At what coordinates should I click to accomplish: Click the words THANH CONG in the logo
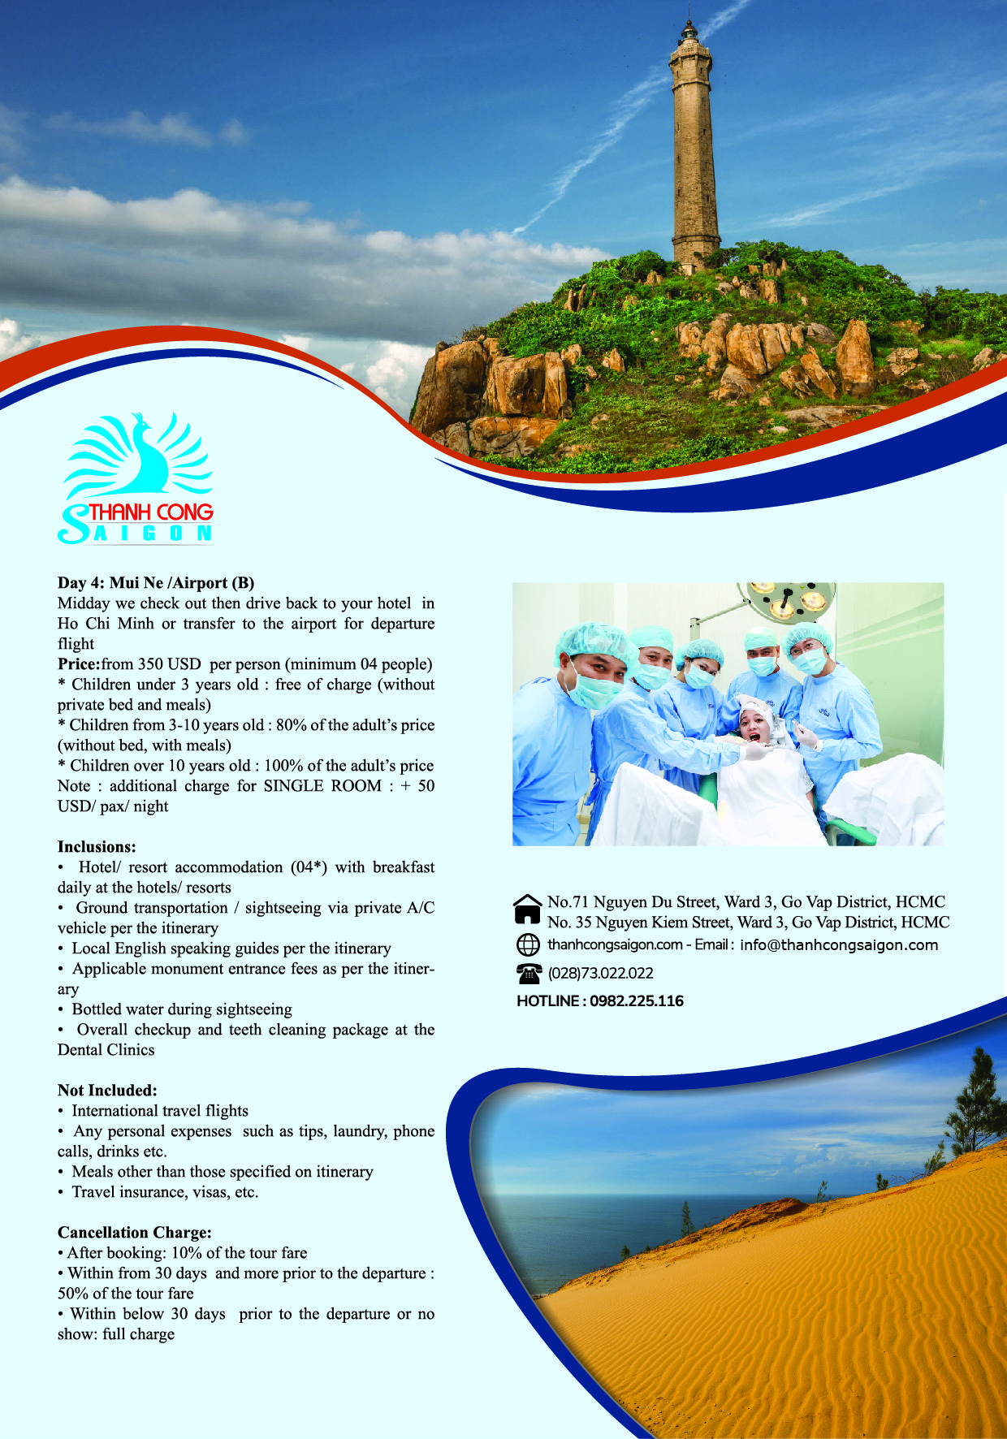tap(151, 512)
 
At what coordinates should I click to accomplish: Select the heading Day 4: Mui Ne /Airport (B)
tap(156, 582)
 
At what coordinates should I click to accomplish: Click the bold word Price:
tap(79, 663)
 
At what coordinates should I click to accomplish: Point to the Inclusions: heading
tap(97, 846)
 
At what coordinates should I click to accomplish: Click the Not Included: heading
tap(107, 1090)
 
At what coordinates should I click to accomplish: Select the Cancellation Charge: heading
tap(135, 1232)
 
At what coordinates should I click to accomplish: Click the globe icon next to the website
tap(528, 944)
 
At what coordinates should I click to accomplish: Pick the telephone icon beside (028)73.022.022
tap(529, 973)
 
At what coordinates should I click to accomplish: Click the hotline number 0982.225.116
tap(637, 1000)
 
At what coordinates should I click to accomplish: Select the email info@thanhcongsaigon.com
tap(839, 944)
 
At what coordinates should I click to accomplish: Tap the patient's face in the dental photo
tap(752, 725)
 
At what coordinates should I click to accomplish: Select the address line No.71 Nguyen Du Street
tap(746, 901)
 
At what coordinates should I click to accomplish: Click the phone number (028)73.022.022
tap(601, 973)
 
